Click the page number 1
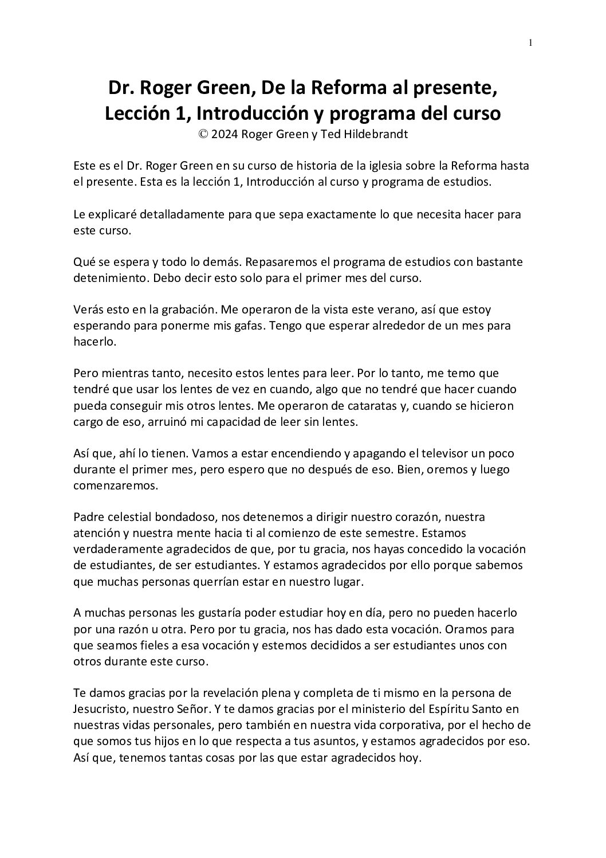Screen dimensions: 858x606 click(530, 42)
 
